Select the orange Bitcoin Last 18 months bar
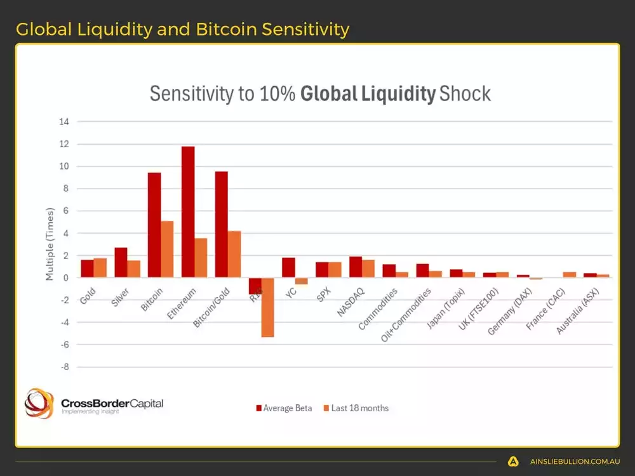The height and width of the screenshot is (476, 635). click(x=167, y=249)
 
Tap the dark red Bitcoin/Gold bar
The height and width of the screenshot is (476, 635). click(x=222, y=224)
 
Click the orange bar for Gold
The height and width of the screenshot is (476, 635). click(x=100, y=268)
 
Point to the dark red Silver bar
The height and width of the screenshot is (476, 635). click(x=121, y=262)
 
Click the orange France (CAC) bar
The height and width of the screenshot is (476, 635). click(x=570, y=275)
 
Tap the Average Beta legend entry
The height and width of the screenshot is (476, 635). click(x=284, y=408)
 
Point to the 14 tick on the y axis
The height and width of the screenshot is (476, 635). click(x=64, y=121)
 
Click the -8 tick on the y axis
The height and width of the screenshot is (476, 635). click(x=64, y=367)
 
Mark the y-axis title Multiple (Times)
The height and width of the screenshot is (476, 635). click(x=50, y=244)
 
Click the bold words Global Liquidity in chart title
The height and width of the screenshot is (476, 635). click(x=368, y=94)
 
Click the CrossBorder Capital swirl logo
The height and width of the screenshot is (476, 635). click(x=39, y=403)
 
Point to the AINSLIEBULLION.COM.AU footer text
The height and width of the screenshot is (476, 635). click(x=575, y=461)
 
